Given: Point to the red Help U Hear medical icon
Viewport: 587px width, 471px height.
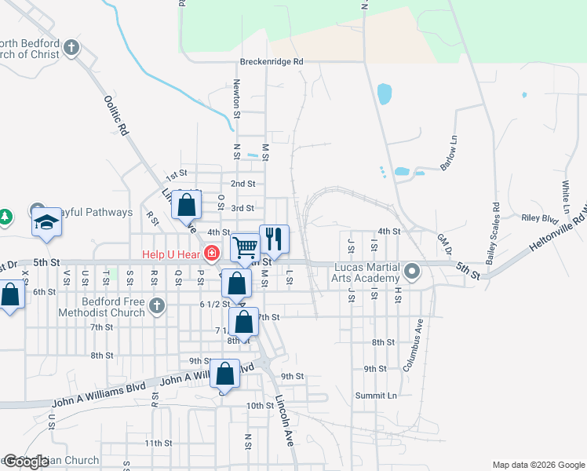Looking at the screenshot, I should point(211,253).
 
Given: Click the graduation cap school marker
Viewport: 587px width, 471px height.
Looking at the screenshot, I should point(46,223).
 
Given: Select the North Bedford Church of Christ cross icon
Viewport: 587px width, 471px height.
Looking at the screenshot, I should point(71,48).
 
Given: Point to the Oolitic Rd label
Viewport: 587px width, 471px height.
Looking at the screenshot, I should point(116,116).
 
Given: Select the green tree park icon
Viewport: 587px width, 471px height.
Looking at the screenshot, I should point(5,216).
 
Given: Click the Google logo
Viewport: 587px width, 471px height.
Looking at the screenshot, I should point(26,462).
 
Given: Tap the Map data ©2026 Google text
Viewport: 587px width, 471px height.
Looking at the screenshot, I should point(538,465).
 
